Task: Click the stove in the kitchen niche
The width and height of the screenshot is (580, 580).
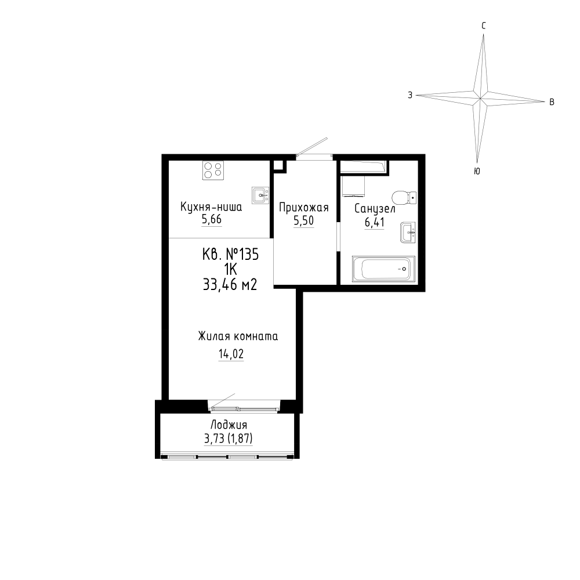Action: tap(213, 171)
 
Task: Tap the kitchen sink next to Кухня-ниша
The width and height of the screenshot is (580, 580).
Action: tap(260, 195)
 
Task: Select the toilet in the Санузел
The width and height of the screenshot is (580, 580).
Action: tap(404, 198)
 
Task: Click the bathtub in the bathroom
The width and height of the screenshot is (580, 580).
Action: tap(383, 269)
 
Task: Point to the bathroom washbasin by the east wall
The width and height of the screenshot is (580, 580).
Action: tap(408, 233)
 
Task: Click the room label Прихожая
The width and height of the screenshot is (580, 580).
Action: tap(304, 208)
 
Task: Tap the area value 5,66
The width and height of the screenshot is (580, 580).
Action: tap(211, 219)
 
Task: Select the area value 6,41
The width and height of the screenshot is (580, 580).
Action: tap(374, 222)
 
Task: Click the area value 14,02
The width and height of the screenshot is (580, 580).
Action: tap(231, 354)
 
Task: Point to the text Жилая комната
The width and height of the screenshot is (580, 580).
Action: tap(238, 336)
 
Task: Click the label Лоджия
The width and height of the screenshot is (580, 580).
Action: tap(229, 425)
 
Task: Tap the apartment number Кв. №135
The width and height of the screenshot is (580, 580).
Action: tap(230, 255)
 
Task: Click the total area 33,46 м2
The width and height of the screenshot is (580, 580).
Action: tap(230, 284)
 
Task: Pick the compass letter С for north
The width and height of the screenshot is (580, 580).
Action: tap(484, 26)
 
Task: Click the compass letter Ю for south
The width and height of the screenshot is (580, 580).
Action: tap(477, 171)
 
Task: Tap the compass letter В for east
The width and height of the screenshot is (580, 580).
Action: tap(552, 102)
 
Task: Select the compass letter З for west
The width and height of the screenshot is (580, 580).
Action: tap(410, 95)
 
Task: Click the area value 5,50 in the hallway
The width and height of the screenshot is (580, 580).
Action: tap(304, 221)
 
